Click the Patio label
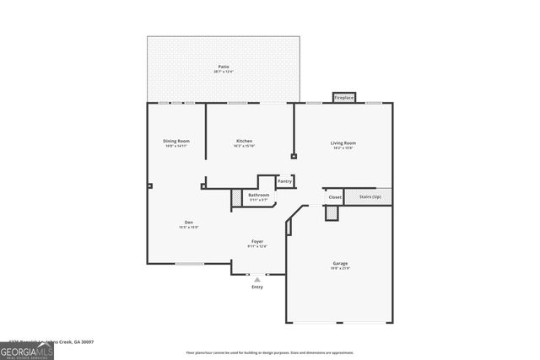point(224,67)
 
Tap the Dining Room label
point(176,141)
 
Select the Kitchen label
point(244,141)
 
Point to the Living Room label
point(343,142)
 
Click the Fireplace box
point(343,98)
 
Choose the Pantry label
point(285,181)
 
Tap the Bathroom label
point(258,195)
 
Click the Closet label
point(335,197)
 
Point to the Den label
point(189,222)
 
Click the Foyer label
point(257,241)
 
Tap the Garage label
point(339,263)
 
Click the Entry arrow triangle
point(257,279)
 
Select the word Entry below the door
point(257,287)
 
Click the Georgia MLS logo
point(27,348)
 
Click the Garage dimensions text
point(339,268)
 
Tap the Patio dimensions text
point(224,72)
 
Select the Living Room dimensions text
point(343,148)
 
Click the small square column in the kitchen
point(293,156)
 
